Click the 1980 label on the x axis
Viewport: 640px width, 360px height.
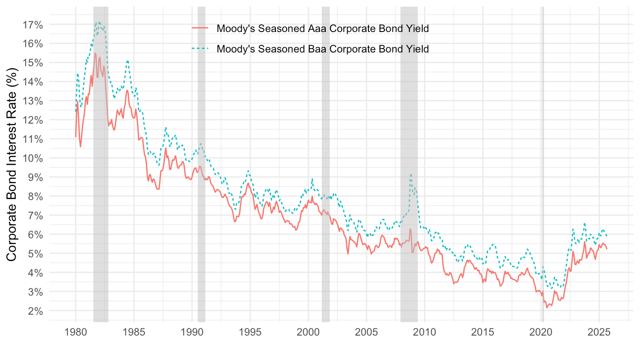76,332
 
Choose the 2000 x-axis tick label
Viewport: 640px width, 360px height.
308,332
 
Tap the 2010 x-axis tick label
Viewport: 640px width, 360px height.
424,332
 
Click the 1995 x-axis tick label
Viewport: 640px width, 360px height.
250,332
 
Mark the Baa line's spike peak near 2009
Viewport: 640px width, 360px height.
411,175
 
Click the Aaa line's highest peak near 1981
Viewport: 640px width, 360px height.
95,53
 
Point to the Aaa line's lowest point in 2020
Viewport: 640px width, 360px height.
547,307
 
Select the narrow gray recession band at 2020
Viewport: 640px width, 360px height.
542,178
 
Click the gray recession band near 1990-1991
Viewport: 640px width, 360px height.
201,178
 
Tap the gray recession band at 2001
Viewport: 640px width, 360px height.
326,178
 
